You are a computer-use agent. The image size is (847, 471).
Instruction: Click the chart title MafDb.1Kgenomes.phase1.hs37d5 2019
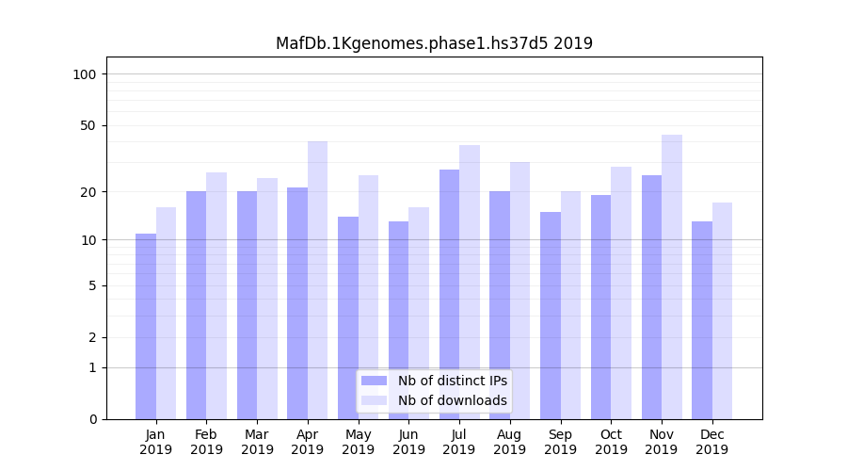click(434, 43)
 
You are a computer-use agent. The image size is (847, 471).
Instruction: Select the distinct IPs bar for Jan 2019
click(146, 326)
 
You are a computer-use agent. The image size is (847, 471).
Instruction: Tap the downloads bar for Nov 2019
click(672, 277)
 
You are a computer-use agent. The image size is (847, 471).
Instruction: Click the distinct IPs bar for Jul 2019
click(449, 294)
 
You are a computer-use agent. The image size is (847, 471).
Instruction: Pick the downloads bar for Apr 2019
click(318, 280)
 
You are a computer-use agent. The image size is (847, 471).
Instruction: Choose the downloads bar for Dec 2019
click(722, 311)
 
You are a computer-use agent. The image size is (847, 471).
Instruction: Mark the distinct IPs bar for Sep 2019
click(551, 316)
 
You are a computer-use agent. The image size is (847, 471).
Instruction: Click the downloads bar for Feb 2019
click(216, 296)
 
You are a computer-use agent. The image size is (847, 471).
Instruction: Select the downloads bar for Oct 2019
click(621, 293)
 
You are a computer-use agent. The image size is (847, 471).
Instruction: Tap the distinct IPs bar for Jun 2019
click(398, 320)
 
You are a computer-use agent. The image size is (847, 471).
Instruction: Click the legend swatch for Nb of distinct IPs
click(375, 381)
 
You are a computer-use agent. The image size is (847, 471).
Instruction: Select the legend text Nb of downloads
click(452, 400)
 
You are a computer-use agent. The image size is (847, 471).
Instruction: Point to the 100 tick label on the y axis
click(85, 74)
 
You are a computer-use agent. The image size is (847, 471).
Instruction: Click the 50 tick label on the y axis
click(88, 125)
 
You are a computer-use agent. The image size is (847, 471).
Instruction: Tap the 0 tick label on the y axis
click(92, 419)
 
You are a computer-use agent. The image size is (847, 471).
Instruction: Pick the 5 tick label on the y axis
click(92, 285)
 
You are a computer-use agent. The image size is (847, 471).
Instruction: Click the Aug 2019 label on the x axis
click(510, 442)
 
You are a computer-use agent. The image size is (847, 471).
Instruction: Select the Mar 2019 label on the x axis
click(257, 442)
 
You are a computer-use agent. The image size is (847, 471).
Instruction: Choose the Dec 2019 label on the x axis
click(711, 442)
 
